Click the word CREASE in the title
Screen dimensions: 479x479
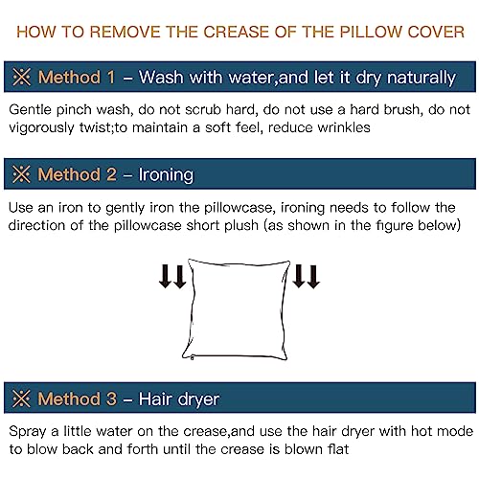(236, 33)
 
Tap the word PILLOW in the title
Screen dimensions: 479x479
(371, 33)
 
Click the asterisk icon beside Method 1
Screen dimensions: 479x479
(22, 77)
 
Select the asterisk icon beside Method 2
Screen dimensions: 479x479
(22, 174)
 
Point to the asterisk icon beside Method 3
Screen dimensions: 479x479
(22, 399)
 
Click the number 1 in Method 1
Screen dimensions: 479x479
(111, 78)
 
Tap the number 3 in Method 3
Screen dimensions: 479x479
(111, 399)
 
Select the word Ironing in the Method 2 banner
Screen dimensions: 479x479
(166, 175)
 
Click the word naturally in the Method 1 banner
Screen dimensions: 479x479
(422, 79)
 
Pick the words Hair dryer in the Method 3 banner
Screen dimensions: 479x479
(179, 399)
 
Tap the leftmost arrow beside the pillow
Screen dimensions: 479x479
(165, 276)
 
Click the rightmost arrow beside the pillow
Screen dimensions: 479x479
(313, 277)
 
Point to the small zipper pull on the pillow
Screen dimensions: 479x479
(192, 358)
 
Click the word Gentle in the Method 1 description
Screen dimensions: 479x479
(30, 110)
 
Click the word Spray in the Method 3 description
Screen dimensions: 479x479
(28, 432)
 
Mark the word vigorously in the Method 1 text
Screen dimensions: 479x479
(41, 128)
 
